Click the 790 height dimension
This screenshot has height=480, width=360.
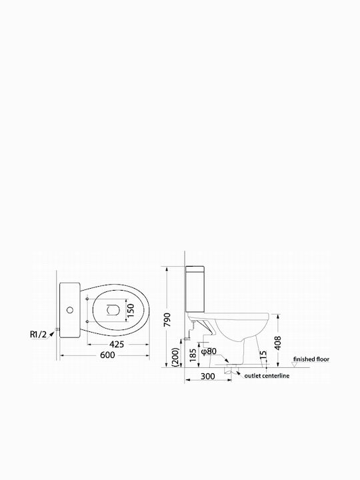[167, 319]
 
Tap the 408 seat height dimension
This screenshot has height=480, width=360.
[277, 343]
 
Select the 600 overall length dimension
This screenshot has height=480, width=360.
[108, 355]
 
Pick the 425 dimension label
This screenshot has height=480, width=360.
[117, 345]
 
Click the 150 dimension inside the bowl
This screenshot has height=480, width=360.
[131, 311]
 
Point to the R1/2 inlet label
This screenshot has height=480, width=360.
[38, 335]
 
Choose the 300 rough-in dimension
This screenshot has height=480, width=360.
[207, 377]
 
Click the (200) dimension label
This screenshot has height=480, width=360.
[175, 357]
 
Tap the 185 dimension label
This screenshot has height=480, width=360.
[193, 355]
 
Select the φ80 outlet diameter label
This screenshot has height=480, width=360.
[209, 351]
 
